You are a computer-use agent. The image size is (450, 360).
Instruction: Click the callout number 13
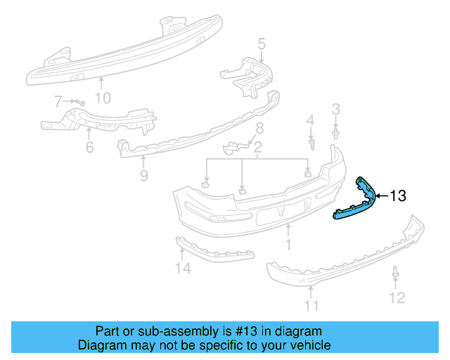click(x=398, y=196)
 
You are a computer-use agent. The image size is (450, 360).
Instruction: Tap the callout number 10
click(x=103, y=98)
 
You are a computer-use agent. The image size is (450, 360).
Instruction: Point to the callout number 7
click(x=58, y=102)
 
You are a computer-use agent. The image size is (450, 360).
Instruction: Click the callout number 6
click(x=89, y=147)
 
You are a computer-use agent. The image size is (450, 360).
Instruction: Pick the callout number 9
click(x=143, y=175)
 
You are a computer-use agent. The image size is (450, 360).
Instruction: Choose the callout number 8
click(x=259, y=128)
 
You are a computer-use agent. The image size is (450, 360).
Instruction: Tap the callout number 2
click(x=258, y=148)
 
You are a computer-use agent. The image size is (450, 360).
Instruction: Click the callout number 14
click(x=183, y=267)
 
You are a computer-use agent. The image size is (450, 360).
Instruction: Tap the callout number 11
click(x=311, y=305)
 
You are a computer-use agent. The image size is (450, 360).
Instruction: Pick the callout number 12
click(x=397, y=297)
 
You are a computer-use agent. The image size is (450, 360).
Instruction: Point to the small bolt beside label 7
click(x=77, y=103)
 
